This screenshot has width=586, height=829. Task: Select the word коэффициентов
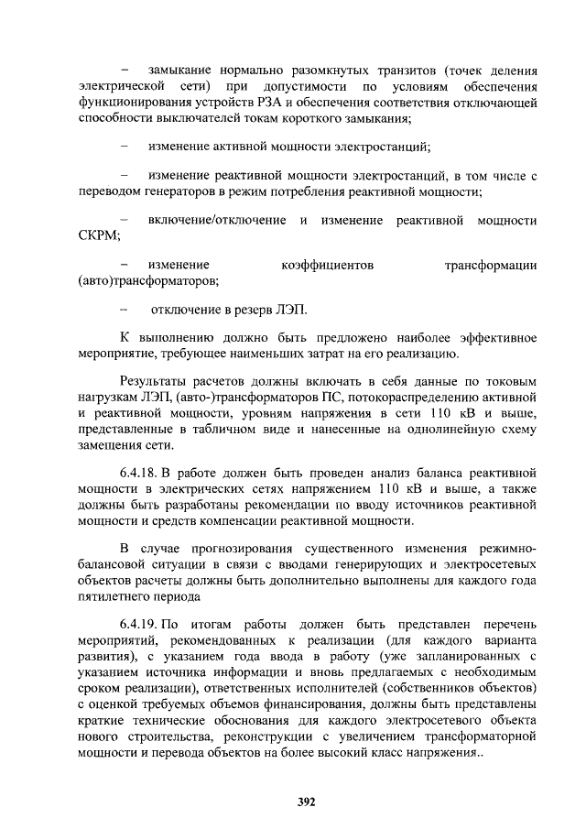327,265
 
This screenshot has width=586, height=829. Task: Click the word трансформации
490,265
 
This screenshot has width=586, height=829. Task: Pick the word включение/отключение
216,221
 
